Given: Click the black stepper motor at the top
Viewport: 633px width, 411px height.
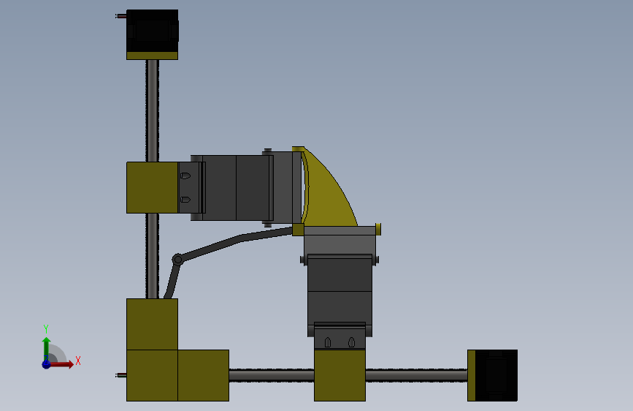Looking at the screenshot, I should click(x=152, y=30).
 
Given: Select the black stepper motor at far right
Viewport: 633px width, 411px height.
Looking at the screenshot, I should click(x=496, y=375).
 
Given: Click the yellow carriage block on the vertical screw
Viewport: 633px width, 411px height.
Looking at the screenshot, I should click(x=152, y=187).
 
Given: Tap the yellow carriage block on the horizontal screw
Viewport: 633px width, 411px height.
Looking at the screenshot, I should click(x=339, y=375).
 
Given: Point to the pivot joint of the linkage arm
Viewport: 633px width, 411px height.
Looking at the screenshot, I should click(x=177, y=259).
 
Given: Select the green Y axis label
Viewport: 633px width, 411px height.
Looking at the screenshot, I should click(x=45, y=328).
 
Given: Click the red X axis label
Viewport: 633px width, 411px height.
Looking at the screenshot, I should click(x=77, y=361).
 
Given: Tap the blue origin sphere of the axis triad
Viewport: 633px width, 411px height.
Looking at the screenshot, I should click(x=46, y=363).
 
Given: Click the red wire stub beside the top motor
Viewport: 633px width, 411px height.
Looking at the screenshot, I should click(x=120, y=16).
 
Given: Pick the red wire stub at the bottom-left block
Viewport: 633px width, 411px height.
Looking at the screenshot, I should click(x=120, y=375).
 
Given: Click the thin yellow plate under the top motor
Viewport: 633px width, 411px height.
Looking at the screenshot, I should click(x=152, y=55).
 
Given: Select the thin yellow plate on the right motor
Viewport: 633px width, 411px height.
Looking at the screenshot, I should click(x=472, y=375).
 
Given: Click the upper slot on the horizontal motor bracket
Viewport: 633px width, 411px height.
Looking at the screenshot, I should click(x=185, y=176).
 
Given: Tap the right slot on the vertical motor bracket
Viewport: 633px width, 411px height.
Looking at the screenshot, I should click(x=351, y=342).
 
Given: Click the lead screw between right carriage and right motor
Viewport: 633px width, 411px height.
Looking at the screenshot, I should click(x=415, y=375).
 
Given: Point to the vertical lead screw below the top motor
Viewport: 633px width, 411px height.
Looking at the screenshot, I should click(x=152, y=110).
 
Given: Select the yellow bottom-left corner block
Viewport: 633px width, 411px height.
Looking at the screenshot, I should click(x=152, y=375).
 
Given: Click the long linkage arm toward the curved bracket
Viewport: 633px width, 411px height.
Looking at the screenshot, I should click(x=241, y=238).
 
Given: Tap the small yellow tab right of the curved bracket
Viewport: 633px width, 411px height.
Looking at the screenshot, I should click(x=378, y=229).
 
